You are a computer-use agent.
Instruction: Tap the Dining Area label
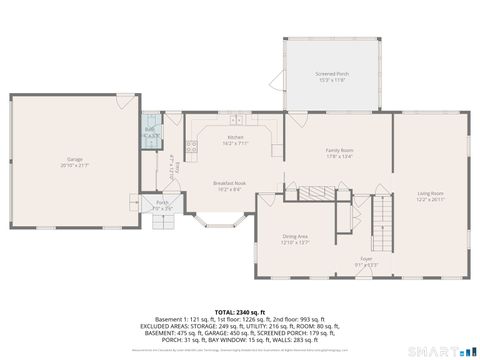coord(294,239)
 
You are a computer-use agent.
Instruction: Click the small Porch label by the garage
coord(162,206)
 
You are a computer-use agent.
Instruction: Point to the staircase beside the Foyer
coord(382,214)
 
